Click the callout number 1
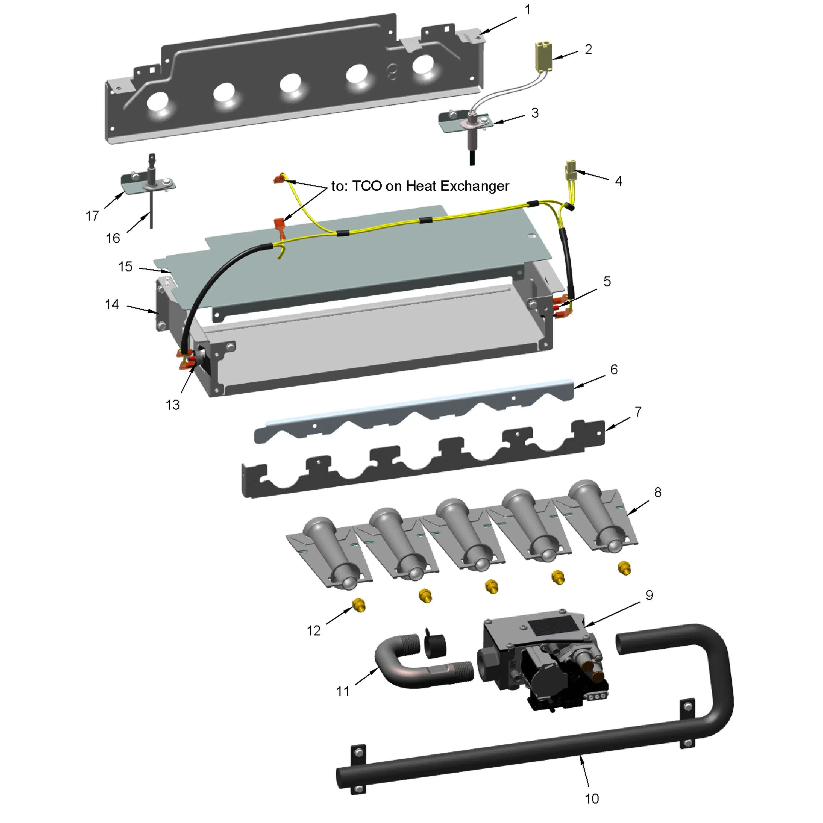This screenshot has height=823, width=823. (x=528, y=10)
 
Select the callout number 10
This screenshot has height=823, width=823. (x=592, y=798)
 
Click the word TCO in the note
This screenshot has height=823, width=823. (x=367, y=186)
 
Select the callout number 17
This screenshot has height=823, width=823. (x=92, y=216)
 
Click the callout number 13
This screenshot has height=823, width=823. (x=173, y=405)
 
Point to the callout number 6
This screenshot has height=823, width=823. (x=614, y=369)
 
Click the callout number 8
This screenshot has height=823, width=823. (x=658, y=492)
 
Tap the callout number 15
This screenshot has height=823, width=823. (x=125, y=267)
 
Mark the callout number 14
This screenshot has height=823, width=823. (x=112, y=304)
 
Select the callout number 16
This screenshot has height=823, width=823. (x=113, y=238)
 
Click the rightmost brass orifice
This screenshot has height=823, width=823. (x=624, y=568)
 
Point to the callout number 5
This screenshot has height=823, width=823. (x=607, y=281)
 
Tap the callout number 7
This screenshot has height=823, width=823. (x=638, y=411)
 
